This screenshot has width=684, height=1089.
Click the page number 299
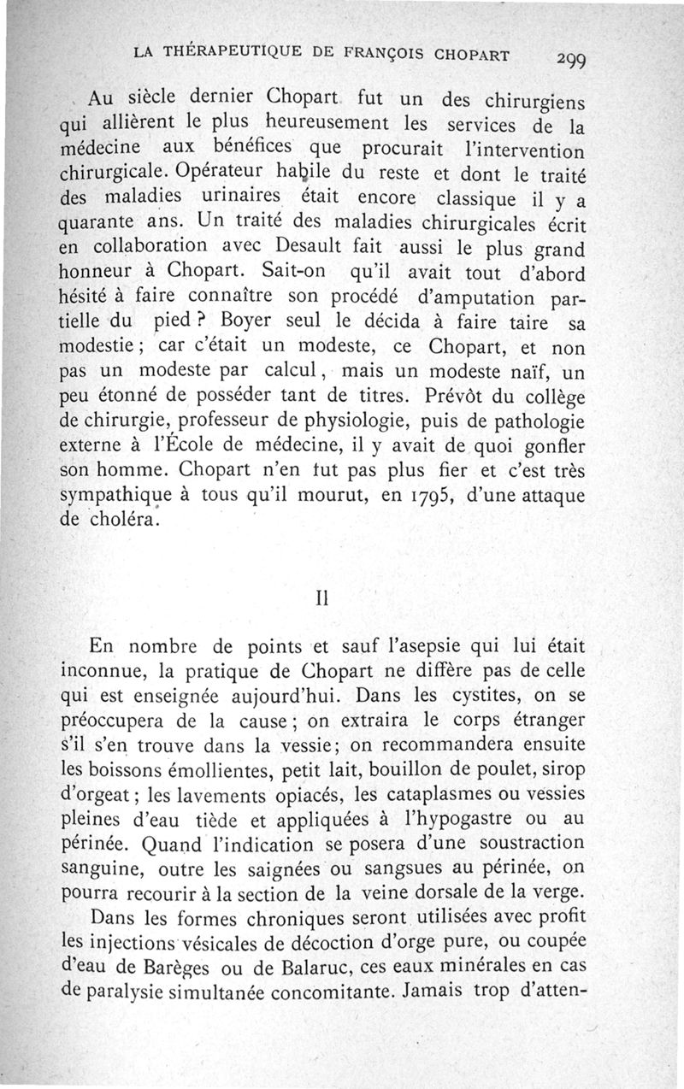coord(569,60)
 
